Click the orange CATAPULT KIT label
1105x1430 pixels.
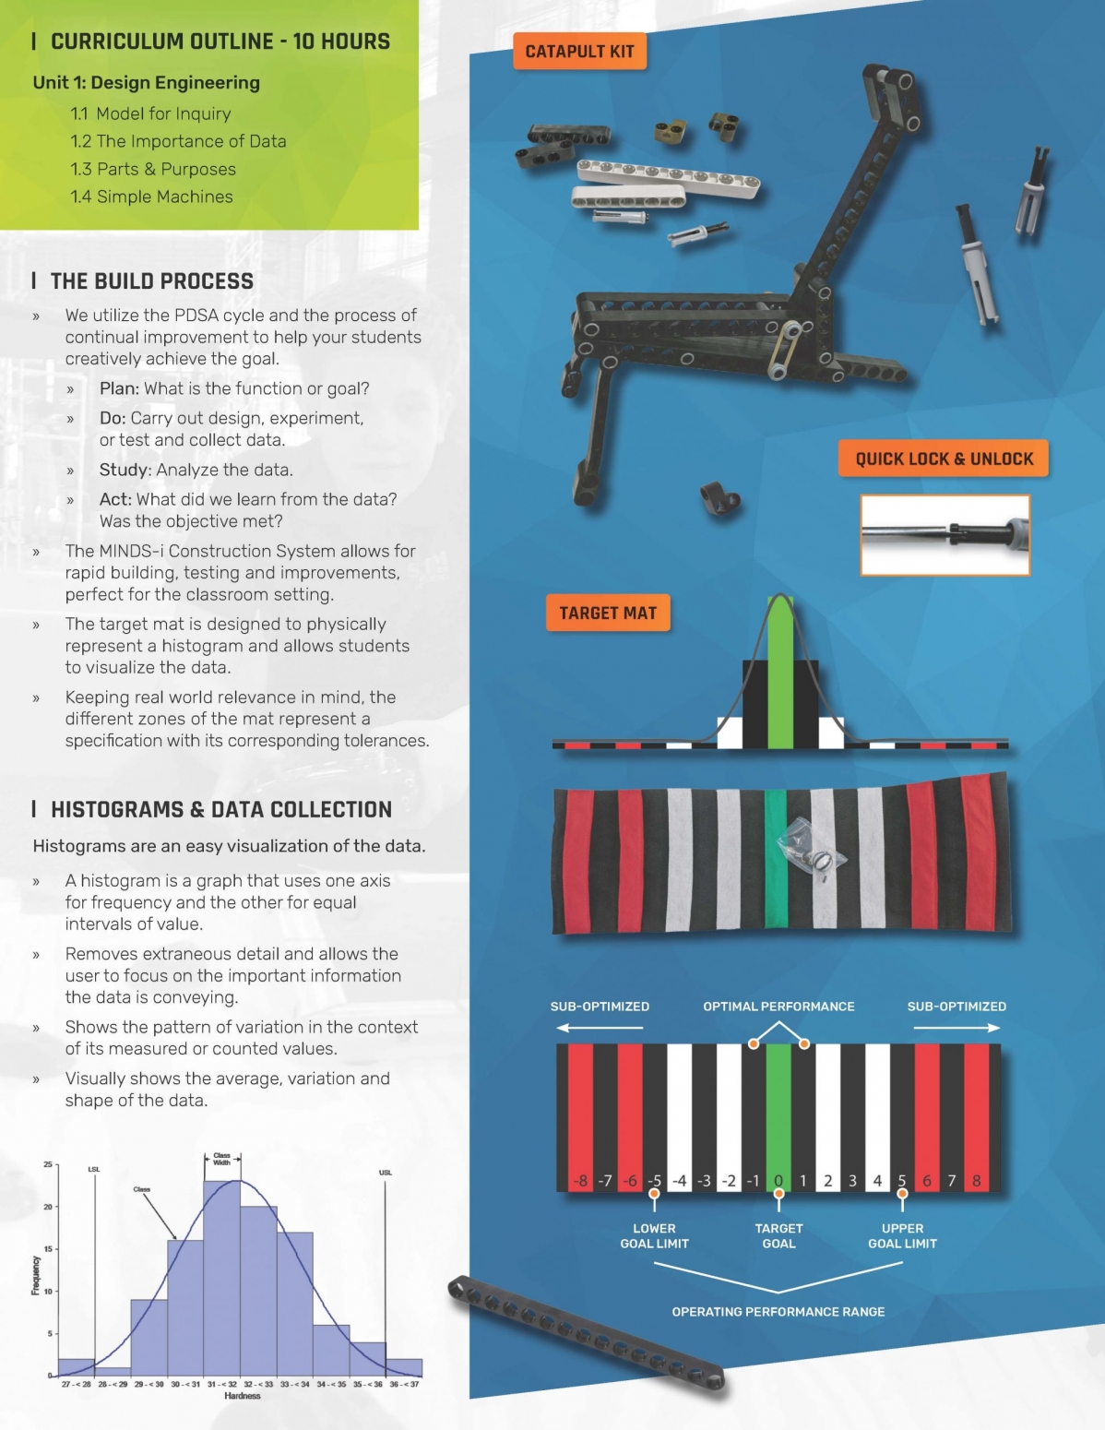(x=579, y=52)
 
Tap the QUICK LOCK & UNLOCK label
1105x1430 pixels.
(x=944, y=459)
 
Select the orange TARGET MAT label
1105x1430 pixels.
(x=608, y=614)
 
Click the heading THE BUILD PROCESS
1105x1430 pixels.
(x=151, y=281)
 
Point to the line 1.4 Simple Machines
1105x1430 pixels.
(x=151, y=197)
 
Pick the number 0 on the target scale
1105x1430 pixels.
(x=778, y=1181)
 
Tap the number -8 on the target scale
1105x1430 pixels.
(x=580, y=1181)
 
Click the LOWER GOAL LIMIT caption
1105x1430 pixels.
(x=654, y=1236)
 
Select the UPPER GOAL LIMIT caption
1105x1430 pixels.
(x=902, y=1236)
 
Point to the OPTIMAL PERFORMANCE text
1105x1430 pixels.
(x=778, y=1007)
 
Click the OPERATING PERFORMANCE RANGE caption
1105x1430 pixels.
(x=778, y=1312)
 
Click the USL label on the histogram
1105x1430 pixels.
(x=386, y=1173)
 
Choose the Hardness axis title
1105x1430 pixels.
(x=243, y=1396)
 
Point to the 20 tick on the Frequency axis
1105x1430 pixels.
(x=48, y=1207)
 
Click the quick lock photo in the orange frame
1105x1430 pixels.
(x=945, y=535)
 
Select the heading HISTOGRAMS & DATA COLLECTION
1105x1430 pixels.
(x=221, y=810)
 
